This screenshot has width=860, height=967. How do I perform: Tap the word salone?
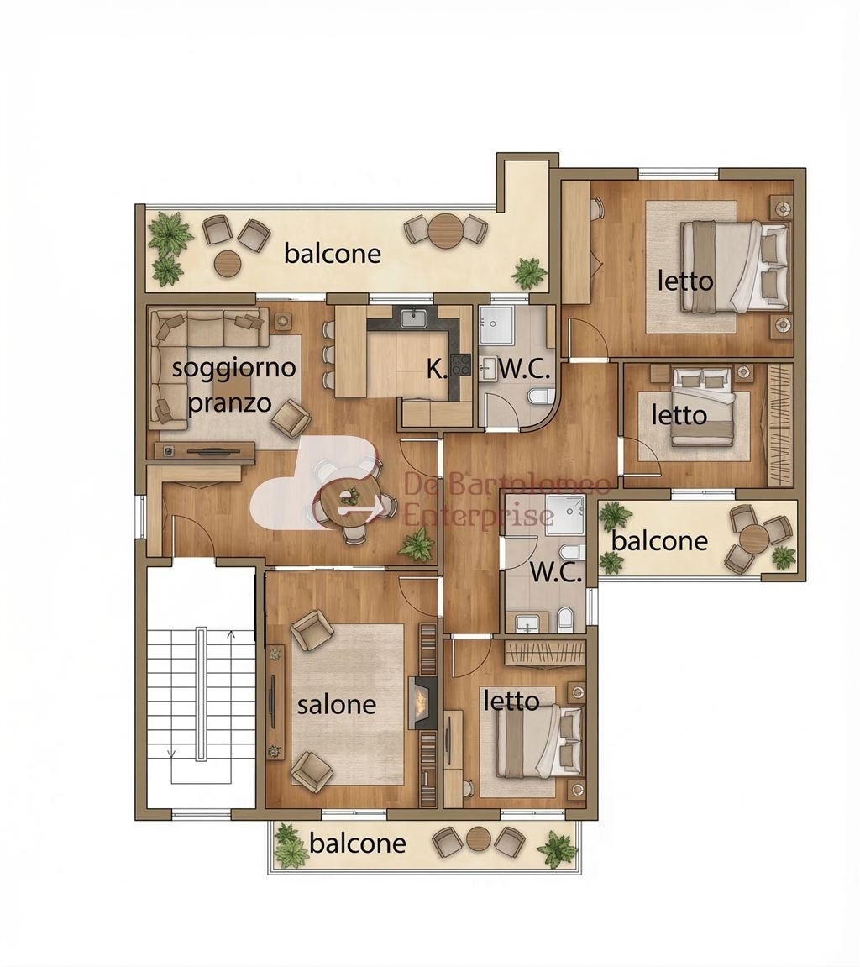pos(337,704)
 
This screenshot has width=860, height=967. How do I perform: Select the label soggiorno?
pos(234,367)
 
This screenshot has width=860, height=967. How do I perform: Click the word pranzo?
pos(230,402)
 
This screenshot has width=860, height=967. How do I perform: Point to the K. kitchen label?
pos(437,369)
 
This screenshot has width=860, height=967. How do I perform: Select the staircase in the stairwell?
pos(201,696)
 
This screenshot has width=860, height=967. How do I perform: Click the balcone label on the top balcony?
pos(333,254)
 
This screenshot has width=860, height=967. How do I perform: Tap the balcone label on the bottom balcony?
pos(358,843)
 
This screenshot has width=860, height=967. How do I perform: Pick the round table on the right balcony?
pos(754,539)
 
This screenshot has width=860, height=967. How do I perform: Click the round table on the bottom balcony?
pos(479,839)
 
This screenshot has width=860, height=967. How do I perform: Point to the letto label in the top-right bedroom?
pos(685,281)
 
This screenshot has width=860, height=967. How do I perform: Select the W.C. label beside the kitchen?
pos(524,370)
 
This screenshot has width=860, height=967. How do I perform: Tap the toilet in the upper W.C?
pos(541,397)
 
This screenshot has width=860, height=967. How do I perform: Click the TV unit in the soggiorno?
pos(205,451)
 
